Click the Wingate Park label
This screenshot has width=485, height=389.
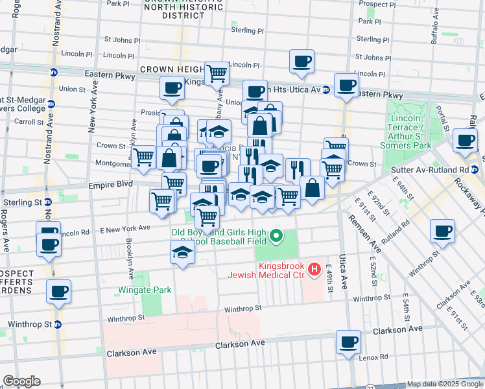click(x=145, y=290)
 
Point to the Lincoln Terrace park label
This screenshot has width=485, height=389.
click(x=409, y=132)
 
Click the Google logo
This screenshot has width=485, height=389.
click(x=21, y=381)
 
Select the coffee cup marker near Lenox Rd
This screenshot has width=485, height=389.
click(x=349, y=342)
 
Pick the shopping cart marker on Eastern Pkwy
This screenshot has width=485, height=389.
click(x=217, y=74)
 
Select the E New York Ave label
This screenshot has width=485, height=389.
click(x=124, y=228)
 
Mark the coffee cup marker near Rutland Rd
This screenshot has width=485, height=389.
click(x=444, y=231)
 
